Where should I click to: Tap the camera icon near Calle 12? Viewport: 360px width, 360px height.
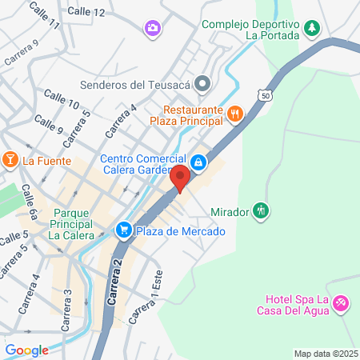tap(151, 29)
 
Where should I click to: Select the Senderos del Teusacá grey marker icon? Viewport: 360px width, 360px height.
tap(203, 82)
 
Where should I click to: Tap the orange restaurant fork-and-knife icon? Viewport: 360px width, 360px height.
tap(234, 114)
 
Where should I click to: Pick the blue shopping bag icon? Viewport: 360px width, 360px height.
tap(199, 164)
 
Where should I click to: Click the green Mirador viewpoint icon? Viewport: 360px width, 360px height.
tap(261, 211)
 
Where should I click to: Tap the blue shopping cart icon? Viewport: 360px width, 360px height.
tap(124, 230)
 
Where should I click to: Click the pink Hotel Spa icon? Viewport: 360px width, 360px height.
tap(342, 303)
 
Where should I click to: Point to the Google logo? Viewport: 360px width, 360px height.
tap(26, 350)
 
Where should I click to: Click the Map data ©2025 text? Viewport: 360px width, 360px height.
tap(326, 354)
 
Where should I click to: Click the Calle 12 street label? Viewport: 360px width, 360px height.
tap(86, 12)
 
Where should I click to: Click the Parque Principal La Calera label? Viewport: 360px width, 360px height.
tap(74, 225)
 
